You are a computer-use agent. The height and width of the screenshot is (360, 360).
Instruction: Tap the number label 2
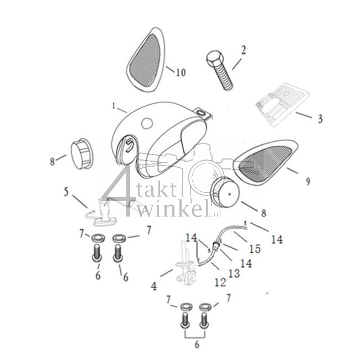(243, 50)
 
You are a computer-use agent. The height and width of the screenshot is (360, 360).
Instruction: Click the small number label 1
(114, 105)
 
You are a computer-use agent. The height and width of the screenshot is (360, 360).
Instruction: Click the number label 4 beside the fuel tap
(153, 286)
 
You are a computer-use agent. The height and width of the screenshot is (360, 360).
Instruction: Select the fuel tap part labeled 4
(186, 266)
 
